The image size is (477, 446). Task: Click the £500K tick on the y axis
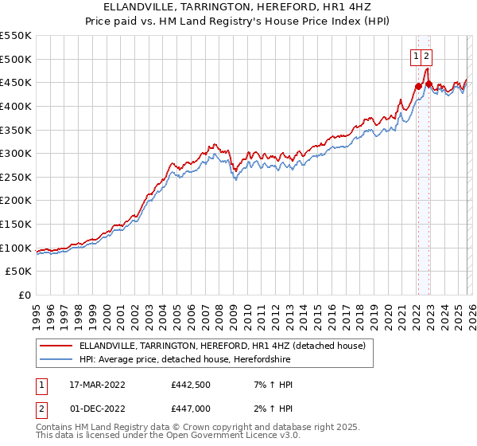16,59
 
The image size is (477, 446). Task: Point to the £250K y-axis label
16,177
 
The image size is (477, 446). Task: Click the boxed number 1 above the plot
416,56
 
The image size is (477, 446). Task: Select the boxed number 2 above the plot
427,56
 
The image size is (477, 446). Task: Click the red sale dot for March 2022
417,86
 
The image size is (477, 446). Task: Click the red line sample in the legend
55,346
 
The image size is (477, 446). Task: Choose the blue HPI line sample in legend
55,359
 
